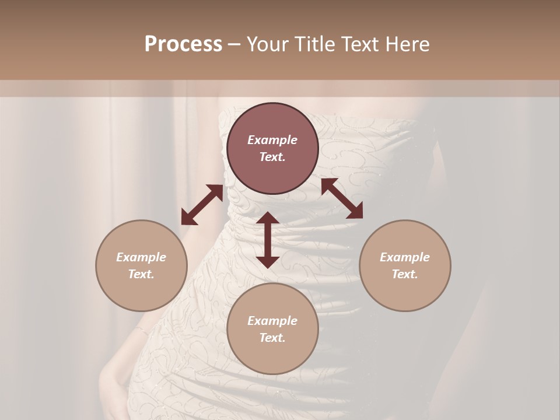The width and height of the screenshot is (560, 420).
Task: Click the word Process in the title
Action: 183,44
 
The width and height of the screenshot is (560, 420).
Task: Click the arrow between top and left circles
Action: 202,205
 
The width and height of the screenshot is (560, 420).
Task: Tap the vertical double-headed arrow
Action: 268,240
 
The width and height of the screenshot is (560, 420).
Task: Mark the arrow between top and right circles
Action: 342,198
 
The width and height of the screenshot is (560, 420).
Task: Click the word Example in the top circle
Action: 272,140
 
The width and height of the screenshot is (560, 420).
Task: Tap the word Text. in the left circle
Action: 141,274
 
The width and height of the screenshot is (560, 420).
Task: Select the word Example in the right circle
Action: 405,257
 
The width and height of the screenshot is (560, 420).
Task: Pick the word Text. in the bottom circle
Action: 272,338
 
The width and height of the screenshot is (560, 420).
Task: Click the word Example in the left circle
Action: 141,257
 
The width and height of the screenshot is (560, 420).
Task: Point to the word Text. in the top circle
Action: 272,157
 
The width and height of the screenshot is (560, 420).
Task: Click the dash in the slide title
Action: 234,44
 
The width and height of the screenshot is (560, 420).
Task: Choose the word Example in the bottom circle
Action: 272,321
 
